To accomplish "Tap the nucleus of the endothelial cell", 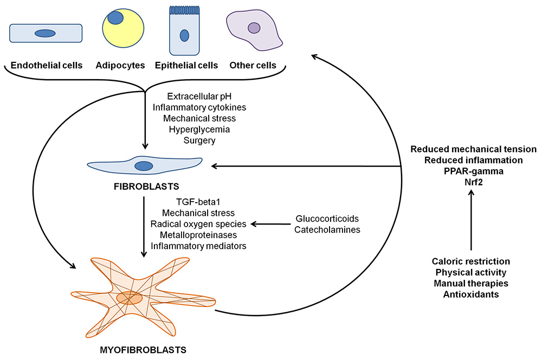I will (45, 34).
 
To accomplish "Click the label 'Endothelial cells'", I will (47, 66).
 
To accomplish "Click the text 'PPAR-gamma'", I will (473, 171).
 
